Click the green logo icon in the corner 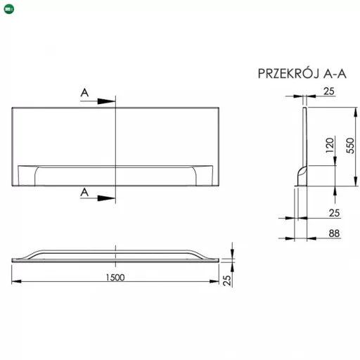(x=9, y=9)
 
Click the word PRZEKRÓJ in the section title (x=289, y=73)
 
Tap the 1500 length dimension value (x=115, y=278)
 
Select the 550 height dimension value (x=350, y=146)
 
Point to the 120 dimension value (x=330, y=146)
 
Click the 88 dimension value (x=334, y=233)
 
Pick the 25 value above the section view (x=329, y=91)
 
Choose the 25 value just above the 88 (x=334, y=213)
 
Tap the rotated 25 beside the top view (x=227, y=281)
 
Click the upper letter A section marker (x=84, y=93)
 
